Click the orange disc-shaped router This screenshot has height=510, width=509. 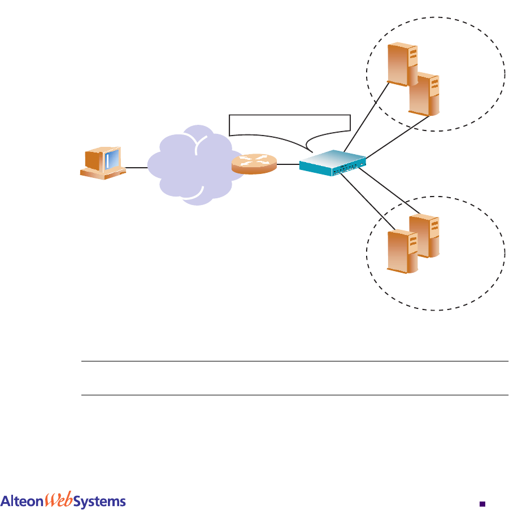[x=254, y=164]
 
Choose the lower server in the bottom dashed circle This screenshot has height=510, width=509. [x=403, y=251]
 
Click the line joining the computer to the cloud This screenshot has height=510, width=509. [x=136, y=167]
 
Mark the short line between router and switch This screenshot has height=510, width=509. [x=288, y=165]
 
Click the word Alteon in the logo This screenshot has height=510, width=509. [x=23, y=486]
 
